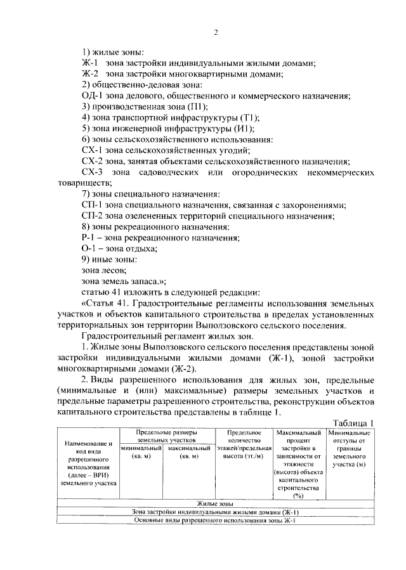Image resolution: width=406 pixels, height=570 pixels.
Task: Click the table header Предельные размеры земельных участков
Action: tap(167, 436)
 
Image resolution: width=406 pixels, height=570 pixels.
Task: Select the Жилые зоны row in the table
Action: tap(215, 503)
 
